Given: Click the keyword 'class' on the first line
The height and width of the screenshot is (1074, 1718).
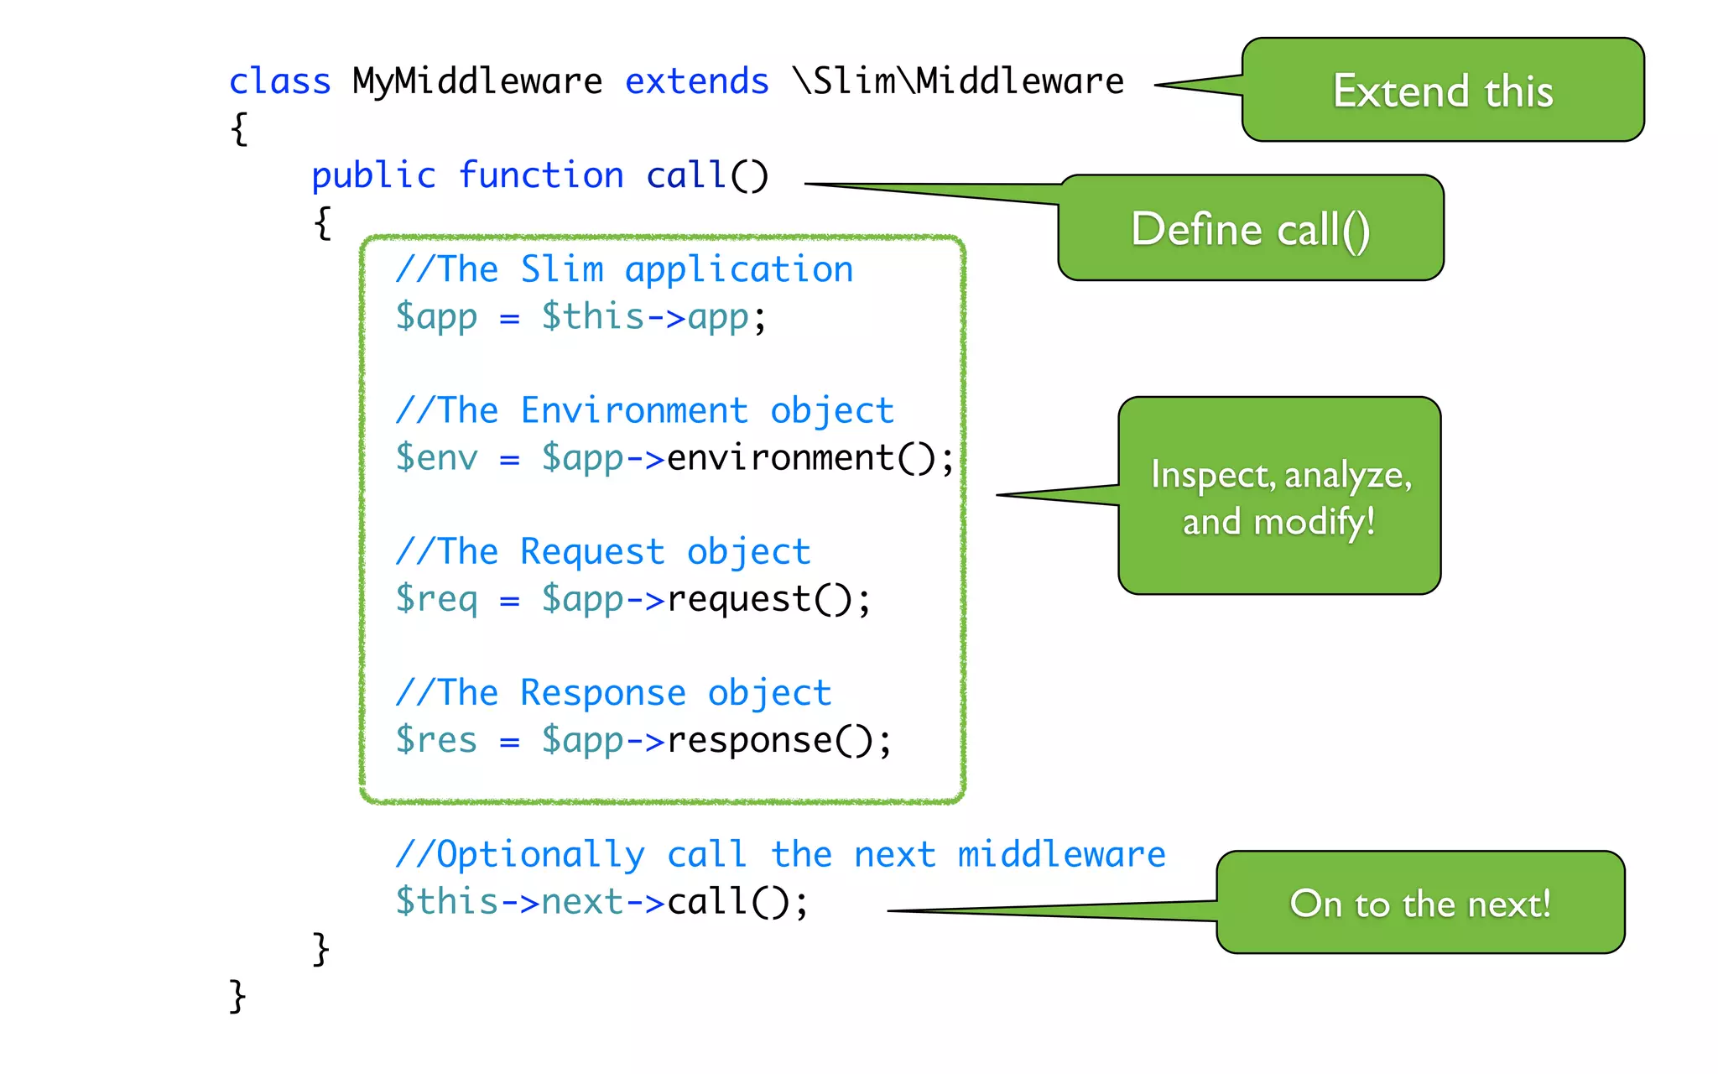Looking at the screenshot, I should click(279, 81).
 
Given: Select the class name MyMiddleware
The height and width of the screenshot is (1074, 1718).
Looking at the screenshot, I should click(476, 81).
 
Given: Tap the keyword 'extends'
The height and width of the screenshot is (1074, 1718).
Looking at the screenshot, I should click(696, 81).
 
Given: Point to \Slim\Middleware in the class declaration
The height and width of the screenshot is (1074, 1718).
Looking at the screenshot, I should click(958, 81).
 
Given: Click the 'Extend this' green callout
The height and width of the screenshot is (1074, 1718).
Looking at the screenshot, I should click(1442, 90).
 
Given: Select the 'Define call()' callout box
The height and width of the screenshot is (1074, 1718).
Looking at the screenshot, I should click(1250, 228).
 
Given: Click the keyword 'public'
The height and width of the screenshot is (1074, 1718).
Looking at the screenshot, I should click(373, 175).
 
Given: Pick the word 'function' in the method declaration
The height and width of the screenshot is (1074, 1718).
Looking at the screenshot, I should click(540, 175).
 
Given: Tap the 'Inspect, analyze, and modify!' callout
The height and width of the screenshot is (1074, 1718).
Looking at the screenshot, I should click(1279, 496).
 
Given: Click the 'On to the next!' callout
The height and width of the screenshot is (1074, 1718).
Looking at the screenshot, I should click(1419, 903).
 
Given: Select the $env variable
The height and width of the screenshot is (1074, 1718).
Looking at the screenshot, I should click(436, 458).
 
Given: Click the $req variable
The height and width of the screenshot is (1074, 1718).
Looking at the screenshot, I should click(436, 599).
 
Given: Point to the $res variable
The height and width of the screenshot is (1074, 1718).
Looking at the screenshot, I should click(436, 740).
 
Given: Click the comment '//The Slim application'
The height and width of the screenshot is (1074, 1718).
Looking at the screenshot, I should click(624, 269).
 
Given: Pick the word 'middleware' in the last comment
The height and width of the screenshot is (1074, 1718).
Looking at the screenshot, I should click(1061, 854).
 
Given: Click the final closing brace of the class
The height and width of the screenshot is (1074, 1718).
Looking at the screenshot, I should click(237, 996).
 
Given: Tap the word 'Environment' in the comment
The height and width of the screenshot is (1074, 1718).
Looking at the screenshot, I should click(634, 410).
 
